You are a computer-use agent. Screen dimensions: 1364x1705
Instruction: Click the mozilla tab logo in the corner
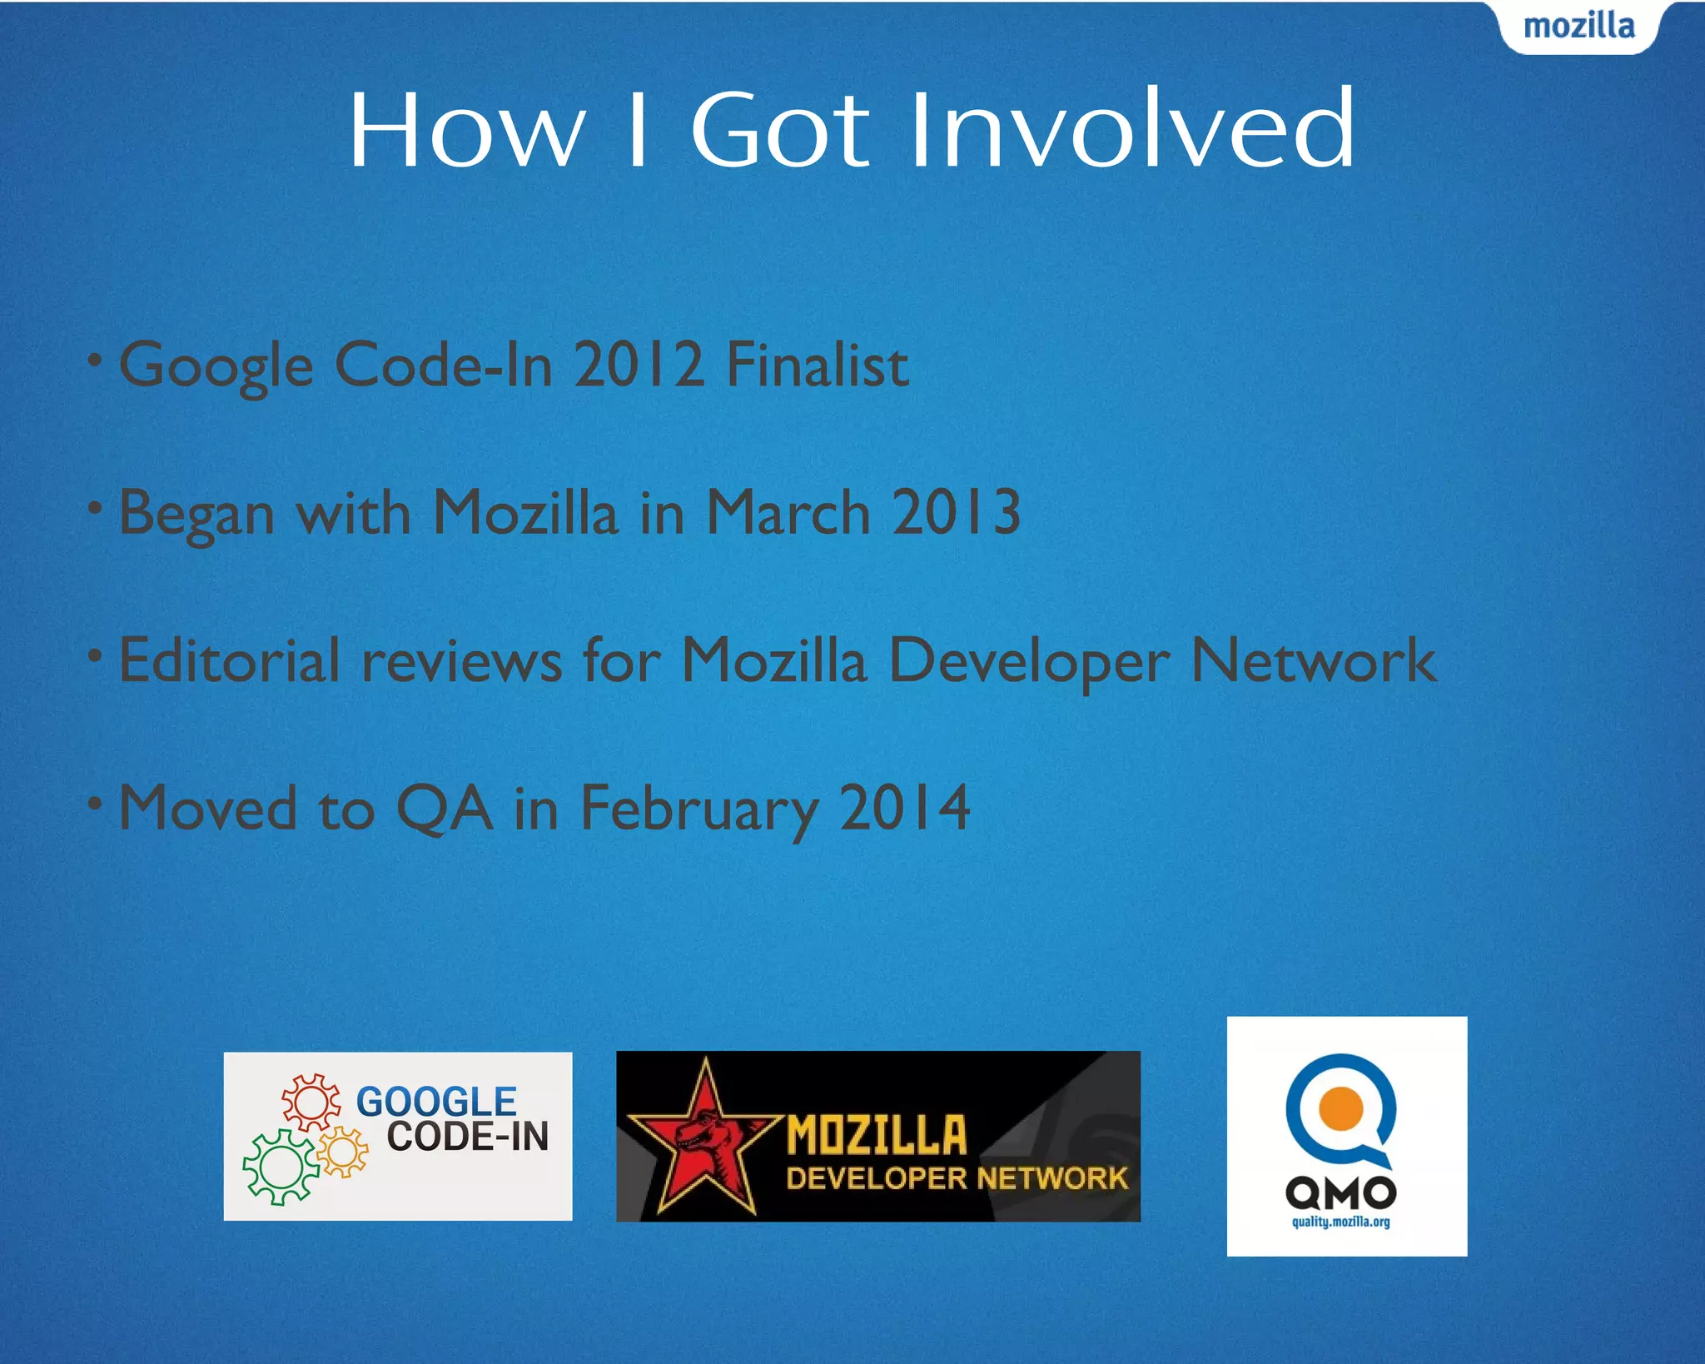coord(1578,27)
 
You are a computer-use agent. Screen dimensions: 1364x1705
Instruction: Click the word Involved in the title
coord(1132,131)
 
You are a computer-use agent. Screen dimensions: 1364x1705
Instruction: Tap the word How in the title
coord(466,131)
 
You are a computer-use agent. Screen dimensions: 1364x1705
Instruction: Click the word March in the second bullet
coord(788,512)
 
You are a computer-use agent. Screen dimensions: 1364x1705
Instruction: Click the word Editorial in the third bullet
coord(230,660)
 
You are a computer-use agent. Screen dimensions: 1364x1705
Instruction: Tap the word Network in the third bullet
coord(1313,660)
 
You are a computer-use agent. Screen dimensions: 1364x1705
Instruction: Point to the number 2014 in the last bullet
coord(904,808)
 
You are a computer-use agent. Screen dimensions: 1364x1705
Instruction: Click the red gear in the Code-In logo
coord(311,1102)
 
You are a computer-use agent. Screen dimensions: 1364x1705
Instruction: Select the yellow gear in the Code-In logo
coord(342,1152)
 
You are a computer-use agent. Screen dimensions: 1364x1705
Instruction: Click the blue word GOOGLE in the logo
coord(436,1102)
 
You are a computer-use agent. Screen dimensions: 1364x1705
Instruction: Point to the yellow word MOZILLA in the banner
coord(877,1136)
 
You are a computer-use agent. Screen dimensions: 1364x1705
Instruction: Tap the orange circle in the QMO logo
coord(1340,1108)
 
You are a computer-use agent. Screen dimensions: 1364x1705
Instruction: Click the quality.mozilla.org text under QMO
coord(1340,1222)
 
